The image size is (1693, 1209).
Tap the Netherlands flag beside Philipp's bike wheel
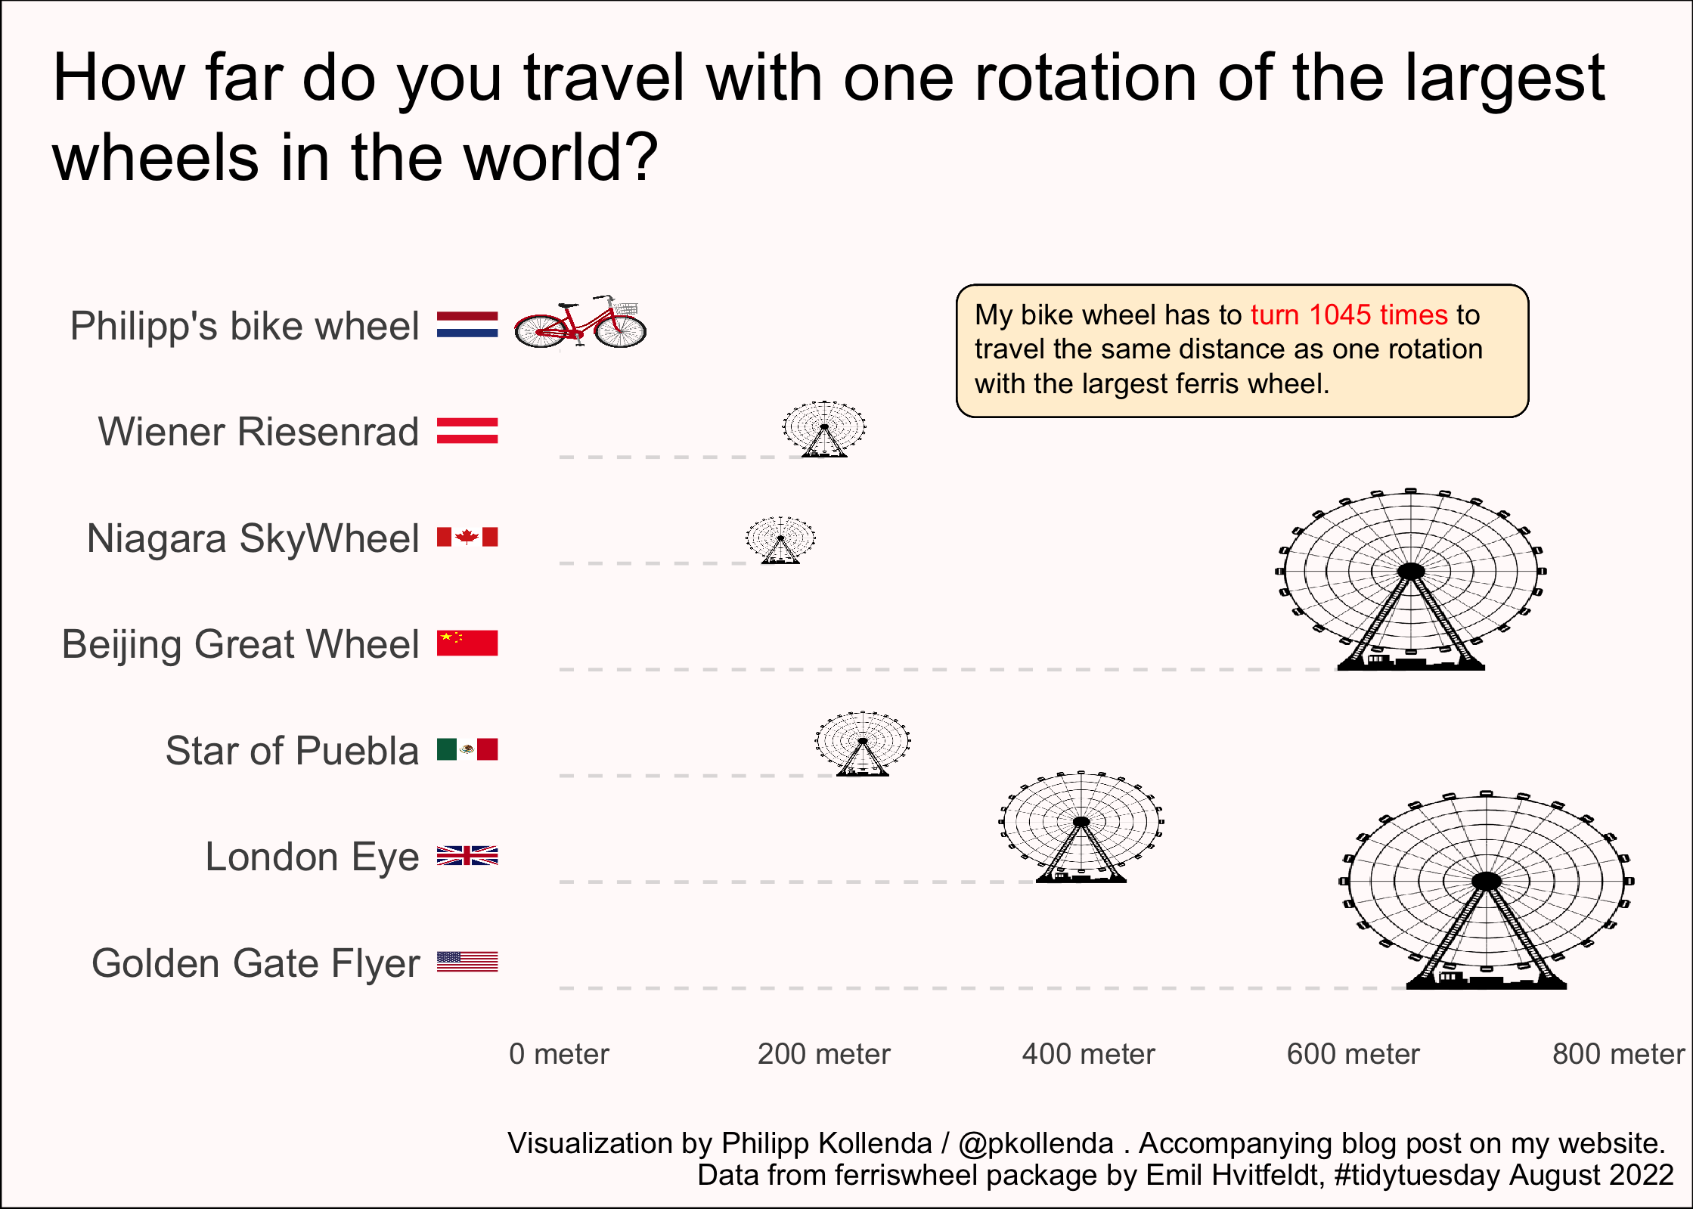pyautogui.click(x=467, y=324)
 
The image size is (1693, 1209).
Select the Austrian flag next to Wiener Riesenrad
pyautogui.click(x=467, y=431)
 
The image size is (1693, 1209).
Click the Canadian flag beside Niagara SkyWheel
pyautogui.click(x=467, y=537)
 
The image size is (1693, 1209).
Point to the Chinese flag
pyautogui.click(x=467, y=643)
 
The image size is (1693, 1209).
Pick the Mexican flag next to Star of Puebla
pyautogui.click(x=467, y=749)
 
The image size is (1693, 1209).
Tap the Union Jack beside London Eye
pyautogui.click(x=467, y=855)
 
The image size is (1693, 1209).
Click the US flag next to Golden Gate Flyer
pyautogui.click(x=467, y=962)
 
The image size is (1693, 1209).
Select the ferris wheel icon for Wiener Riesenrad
pyautogui.click(x=824, y=429)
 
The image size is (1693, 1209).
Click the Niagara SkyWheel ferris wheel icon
pyautogui.click(x=780, y=540)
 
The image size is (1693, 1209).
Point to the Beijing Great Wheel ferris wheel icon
pyautogui.click(x=1411, y=579)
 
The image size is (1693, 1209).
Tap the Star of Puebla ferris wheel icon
pyautogui.click(x=863, y=743)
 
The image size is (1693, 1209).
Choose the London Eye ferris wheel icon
pyautogui.click(x=1081, y=826)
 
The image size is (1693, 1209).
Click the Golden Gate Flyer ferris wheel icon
pyautogui.click(x=1487, y=890)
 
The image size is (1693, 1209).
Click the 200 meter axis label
pyautogui.click(x=824, y=1053)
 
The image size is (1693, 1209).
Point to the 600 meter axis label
pyautogui.click(x=1353, y=1053)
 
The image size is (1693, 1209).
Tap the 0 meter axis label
pyautogui.click(x=559, y=1053)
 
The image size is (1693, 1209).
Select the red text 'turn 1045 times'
pyautogui.click(x=1349, y=315)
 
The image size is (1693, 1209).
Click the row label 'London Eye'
pyautogui.click(x=312, y=857)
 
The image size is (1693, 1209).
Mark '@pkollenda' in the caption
pyautogui.click(x=1036, y=1143)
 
